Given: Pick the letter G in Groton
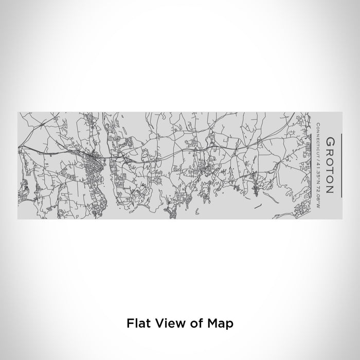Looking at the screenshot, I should click(330, 140).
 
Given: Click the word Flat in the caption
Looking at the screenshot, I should click(137, 324).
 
